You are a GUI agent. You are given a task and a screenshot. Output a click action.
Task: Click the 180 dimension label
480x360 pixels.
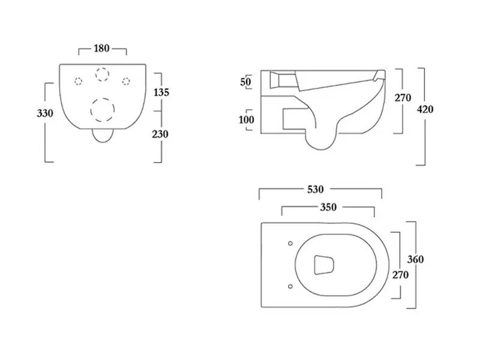click(101, 49)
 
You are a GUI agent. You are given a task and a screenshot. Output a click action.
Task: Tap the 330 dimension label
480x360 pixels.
click(45, 113)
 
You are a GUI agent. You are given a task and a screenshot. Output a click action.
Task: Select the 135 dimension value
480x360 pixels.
click(161, 92)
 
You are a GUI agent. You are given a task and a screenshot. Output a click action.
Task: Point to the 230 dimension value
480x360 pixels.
click(160, 134)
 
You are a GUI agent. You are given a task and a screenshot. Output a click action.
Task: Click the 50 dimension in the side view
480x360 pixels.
click(245, 82)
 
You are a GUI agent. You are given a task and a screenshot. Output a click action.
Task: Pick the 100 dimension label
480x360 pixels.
click(247, 119)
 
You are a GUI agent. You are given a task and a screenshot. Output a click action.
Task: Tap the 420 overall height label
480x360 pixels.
click(425, 109)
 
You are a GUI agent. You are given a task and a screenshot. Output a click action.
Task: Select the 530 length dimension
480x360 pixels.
click(316, 190)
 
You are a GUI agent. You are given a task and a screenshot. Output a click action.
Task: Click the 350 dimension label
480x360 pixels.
click(328, 207)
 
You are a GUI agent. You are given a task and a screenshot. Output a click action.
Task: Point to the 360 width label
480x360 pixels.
click(415, 259)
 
